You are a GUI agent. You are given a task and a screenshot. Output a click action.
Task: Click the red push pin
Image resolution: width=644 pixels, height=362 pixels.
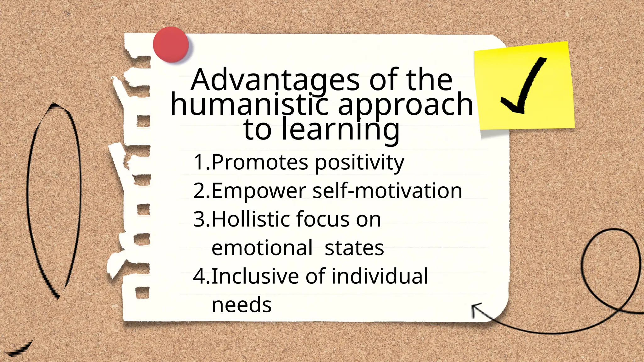(171, 44)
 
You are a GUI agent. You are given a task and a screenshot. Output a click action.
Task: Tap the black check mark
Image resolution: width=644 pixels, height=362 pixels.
(523, 86)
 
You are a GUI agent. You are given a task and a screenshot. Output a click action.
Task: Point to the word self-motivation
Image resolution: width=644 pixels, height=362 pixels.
(387, 191)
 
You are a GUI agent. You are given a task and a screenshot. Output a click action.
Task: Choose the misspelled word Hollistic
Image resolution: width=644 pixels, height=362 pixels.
(251, 219)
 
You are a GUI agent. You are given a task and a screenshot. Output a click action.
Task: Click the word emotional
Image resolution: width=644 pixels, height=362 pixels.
(262, 248)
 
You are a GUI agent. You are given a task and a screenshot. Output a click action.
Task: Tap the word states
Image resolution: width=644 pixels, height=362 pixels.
(354, 248)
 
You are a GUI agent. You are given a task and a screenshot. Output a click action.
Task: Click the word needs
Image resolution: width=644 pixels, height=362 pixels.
(241, 305)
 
